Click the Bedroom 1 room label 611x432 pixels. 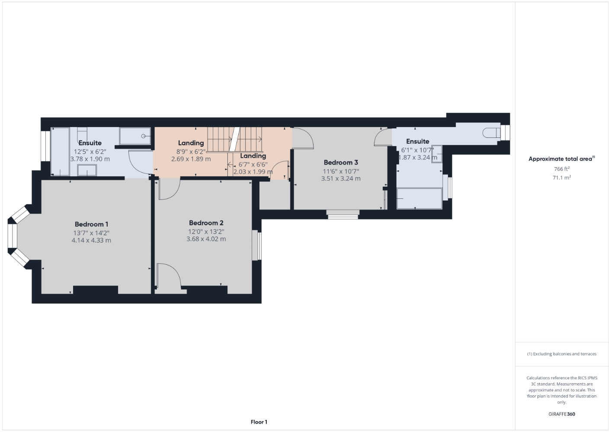pos(91,224)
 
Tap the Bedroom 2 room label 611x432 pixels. pos(206,223)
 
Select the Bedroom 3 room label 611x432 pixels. pos(341,162)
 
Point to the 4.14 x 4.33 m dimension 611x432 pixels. pos(91,240)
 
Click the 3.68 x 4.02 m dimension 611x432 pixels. pos(206,239)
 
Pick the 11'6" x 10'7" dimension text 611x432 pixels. pos(341,172)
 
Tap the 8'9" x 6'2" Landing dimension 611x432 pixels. pos(191,152)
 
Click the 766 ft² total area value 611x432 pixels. pos(562,169)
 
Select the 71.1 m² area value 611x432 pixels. pos(562,178)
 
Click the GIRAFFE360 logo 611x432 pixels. pos(562,414)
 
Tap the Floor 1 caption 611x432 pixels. pos(259,422)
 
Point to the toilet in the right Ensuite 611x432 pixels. pos(492,133)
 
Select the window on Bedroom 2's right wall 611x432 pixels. pos(257,245)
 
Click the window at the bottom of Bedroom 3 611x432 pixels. pos(343,215)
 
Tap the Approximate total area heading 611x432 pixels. pos(562,159)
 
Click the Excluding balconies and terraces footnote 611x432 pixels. pos(562,354)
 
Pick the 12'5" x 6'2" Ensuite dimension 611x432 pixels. pos(90,152)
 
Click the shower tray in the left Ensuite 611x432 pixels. pos(135,136)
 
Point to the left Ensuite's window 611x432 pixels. pos(45,146)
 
